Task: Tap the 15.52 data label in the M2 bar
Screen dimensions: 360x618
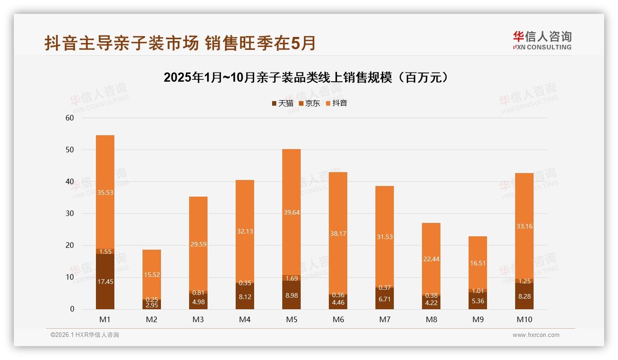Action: tap(152, 275)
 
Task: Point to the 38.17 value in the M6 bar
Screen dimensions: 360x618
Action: tap(338, 234)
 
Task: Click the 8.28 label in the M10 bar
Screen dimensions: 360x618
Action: tap(524, 297)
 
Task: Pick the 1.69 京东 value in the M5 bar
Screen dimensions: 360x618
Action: tap(291, 278)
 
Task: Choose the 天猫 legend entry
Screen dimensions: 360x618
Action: tap(282, 103)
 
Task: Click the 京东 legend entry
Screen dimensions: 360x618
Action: tap(309, 103)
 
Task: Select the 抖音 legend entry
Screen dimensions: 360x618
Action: tap(336, 103)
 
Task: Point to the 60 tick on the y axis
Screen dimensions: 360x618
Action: tap(70, 118)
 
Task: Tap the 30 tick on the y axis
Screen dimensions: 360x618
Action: tap(70, 214)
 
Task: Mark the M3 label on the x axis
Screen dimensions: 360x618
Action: tap(198, 320)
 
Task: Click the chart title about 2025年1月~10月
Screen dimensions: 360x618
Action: tap(306, 78)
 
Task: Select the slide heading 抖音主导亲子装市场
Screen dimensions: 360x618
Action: tap(180, 43)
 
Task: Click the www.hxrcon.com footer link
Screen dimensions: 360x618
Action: tap(536, 335)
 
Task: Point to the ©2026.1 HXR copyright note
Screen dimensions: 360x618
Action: tap(85, 335)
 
